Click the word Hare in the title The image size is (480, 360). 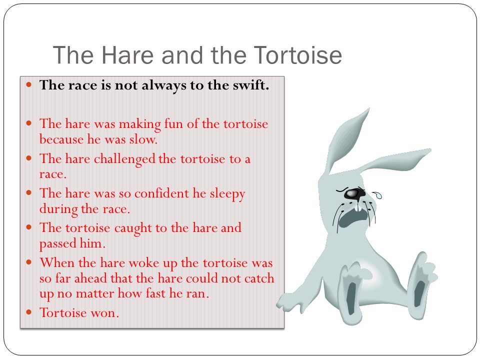tap(127, 55)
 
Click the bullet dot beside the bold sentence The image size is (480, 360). tap(29, 84)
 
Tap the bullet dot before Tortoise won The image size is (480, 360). tap(29, 312)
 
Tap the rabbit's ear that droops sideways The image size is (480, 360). tap(395, 160)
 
